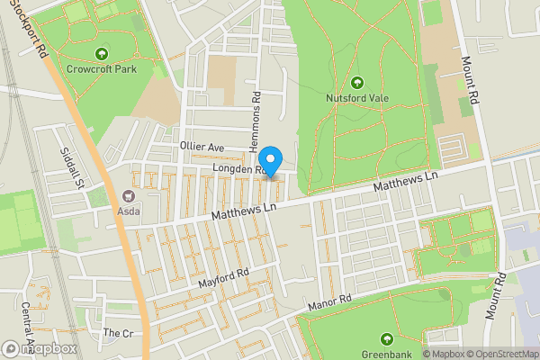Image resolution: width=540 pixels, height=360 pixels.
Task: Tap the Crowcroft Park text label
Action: pos(100,67)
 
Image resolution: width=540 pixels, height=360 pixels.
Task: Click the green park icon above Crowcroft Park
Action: pos(100,53)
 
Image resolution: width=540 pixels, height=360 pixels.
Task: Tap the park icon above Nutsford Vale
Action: pos(357,83)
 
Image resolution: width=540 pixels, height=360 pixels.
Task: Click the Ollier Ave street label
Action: pos(201,146)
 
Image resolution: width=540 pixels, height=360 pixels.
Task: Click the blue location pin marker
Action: pos(271,157)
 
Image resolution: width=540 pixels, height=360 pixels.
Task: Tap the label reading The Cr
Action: pos(117,332)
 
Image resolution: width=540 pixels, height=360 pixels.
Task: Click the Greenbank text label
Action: pos(387,353)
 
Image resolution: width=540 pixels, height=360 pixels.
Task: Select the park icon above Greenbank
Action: pos(387,339)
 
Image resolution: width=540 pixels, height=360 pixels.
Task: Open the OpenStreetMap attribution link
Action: pos(499,353)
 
